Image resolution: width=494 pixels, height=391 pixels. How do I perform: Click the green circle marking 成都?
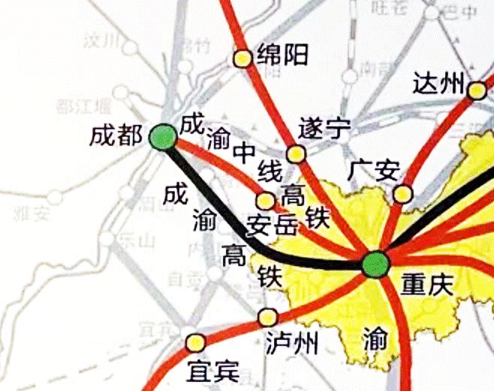163,137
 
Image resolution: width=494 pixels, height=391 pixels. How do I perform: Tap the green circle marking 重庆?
375,264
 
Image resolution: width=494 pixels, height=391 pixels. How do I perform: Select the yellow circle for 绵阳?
242,58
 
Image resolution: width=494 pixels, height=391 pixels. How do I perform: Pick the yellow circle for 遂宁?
297,154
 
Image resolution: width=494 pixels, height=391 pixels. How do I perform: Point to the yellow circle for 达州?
476,91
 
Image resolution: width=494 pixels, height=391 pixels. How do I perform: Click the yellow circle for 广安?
403,194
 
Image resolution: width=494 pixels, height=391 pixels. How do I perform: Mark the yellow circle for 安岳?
266,201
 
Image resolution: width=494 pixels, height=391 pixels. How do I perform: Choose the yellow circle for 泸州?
267,317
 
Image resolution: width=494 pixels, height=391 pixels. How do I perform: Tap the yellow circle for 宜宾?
196,342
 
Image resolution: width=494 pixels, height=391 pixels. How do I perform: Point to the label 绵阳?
282,54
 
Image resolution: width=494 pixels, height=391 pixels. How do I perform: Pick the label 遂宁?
324,128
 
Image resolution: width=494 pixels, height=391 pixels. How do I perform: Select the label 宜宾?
212,370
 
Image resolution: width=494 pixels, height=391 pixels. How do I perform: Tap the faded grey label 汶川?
103,40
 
